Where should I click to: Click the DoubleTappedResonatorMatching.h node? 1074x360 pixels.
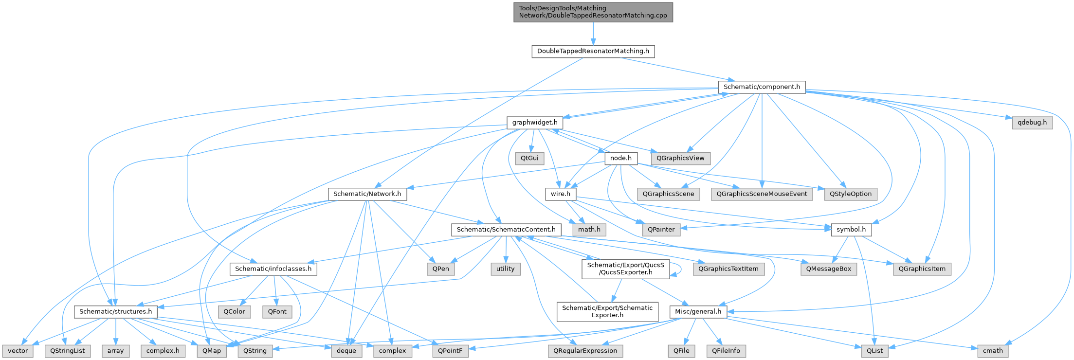pos(593,51)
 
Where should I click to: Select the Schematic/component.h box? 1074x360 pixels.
pos(762,87)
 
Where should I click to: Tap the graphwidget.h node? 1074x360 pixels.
pos(534,123)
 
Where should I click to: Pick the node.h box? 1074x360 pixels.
pos(620,158)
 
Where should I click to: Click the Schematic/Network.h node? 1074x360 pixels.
pos(367,194)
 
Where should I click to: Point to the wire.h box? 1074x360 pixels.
pos(560,194)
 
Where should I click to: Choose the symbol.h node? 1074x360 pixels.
pos(851,230)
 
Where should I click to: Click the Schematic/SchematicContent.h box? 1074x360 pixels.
pos(506,230)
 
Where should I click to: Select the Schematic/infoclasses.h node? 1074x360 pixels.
pos(273,269)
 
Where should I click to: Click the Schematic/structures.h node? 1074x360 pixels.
pos(115,312)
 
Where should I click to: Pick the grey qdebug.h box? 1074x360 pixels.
pos(1032,123)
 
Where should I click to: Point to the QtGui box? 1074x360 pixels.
pos(529,158)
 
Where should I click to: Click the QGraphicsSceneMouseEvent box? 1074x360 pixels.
pos(762,194)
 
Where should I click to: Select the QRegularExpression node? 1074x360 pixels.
pos(585,351)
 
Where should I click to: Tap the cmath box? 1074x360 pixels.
pos(992,351)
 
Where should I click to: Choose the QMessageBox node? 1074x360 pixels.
pos(828,269)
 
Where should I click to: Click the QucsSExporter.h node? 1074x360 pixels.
pos(626,269)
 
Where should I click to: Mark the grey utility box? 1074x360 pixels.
pos(505,269)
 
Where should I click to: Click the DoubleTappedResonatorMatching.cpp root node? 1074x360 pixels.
pos(593,12)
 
